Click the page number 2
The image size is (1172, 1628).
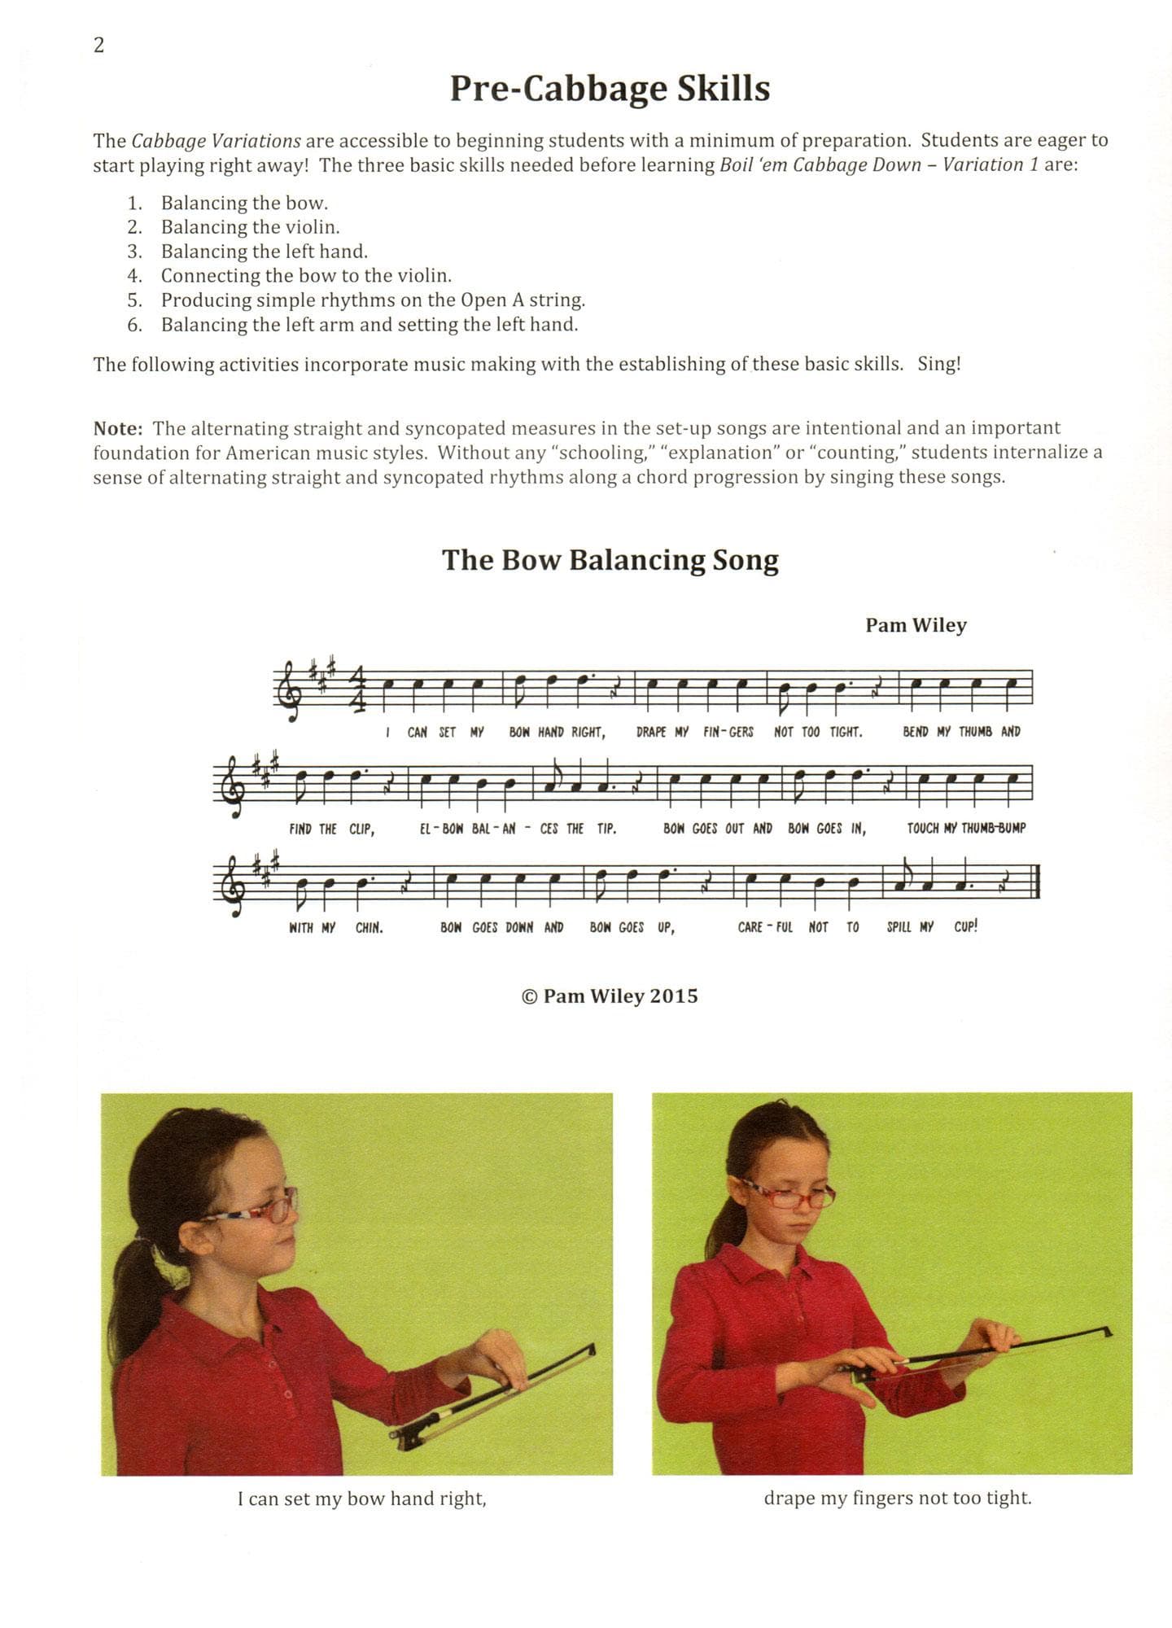pos(99,46)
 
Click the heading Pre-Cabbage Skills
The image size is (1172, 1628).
pos(610,89)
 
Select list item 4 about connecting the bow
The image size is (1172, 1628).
pos(305,275)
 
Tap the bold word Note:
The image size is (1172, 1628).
pos(118,428)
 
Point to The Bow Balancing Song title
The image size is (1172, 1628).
pos(610,560)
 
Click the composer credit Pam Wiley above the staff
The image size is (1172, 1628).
pos(916,625)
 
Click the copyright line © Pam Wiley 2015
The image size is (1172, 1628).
pos(610,996)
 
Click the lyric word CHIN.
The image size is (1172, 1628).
pos(369,927)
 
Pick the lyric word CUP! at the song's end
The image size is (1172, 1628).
pos(965,926)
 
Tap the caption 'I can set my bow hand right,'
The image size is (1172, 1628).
pos(361,1499)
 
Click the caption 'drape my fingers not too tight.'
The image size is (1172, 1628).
pos(897,1498)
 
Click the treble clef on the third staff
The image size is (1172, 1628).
pos(232,883)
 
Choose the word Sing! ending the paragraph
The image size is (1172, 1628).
pos(939,364)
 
